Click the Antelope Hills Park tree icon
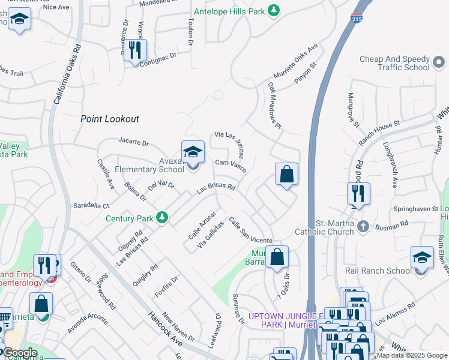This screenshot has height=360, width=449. [x=274, y=11]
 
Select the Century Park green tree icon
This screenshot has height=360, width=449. [x=161, y=217]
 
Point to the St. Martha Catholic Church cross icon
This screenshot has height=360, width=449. [x=363, y=226]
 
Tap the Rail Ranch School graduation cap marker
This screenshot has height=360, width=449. [x=422, y=258]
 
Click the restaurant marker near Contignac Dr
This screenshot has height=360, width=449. [x=135, y=50]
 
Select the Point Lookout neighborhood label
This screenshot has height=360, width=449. [x=110, y=119]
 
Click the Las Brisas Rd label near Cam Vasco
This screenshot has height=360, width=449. [x=216, y=190]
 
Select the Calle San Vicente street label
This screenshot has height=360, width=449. [x=250, y=230]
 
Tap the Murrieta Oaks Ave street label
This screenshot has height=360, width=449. [x=295, y=59]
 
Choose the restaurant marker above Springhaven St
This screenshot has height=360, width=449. [x=358, y=194]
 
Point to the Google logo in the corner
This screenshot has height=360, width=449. [x=20, y=352]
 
